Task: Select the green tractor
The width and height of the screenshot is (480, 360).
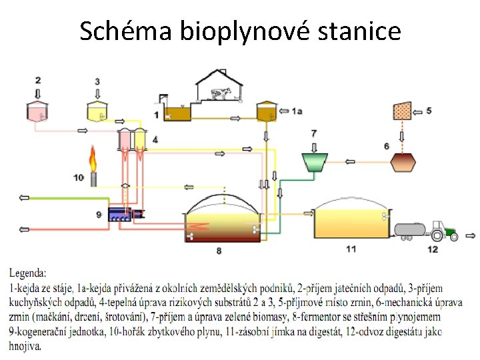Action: (x=443, y=231)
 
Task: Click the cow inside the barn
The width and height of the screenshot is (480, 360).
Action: (x=226, y=95)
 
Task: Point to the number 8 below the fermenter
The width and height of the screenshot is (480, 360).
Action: (x=219, y=251)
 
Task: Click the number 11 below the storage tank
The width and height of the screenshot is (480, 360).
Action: (x=351, y=249)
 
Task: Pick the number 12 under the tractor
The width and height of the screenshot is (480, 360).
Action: (x=433, y=249)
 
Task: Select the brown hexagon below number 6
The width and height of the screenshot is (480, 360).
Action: (x=403, y=162)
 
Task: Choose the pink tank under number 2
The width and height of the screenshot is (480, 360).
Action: (x=38, y=111)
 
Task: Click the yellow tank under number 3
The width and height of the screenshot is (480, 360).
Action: (x=97, y=111)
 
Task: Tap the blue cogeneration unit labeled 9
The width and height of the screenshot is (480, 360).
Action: (x=127, y=214)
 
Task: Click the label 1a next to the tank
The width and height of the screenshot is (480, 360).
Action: (x=297, y=112)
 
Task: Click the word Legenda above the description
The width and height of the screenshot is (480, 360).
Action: (x=28, y=273)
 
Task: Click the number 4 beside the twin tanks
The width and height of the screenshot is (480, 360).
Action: (x=155, y=139)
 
